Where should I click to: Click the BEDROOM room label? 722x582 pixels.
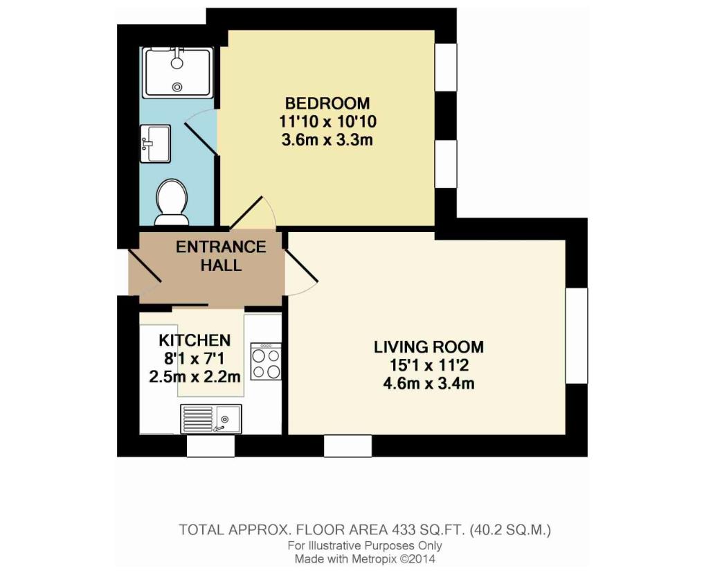[x=327, y=103]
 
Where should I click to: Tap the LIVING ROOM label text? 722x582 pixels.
[x=428, y=346]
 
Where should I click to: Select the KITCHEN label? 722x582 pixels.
[x=195, y=340]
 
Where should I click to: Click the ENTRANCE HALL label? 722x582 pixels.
[x=220, y=256]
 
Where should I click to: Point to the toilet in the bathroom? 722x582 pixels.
[x=171, y=202]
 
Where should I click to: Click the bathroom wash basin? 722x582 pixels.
[x=155, y=143]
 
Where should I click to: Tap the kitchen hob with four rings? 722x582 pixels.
[x=266, y=362]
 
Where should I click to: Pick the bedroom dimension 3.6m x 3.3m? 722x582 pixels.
[x=327, y=141]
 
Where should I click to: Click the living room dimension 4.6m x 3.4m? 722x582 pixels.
[x=428, y=383]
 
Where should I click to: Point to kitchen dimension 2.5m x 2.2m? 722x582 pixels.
[x=195, y=377]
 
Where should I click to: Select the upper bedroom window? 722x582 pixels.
[x=446, y=67]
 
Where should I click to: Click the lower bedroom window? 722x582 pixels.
[x=446, y=164]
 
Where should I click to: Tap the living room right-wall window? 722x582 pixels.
[x=576, y=335]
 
